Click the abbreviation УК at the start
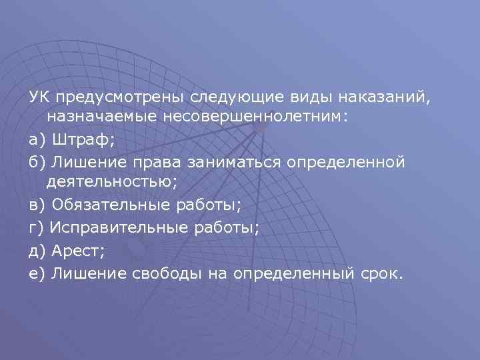(38, 98)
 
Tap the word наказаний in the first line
(386, 98)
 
